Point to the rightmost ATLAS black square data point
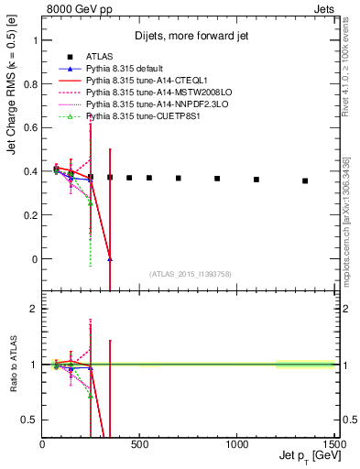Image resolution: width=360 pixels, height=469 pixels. click(x=305, y=180)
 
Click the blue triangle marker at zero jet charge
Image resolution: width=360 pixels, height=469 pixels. click(x=110, y=259)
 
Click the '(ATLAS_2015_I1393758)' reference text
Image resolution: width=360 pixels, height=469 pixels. click(x=189, y=273)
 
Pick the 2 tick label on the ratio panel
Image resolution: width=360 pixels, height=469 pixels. click(x=33, y=309)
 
